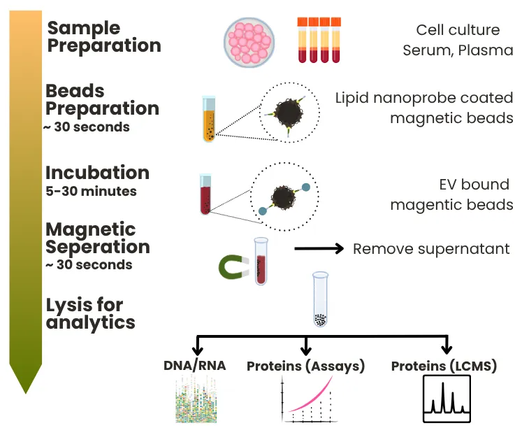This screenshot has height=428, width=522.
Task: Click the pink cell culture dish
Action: click(x=249, y=42)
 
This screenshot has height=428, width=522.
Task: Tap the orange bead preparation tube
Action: click(x=209, y=120)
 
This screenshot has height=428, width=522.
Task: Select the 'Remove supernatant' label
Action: click(x=431, y=249)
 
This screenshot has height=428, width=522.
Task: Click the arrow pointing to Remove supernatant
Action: click(x=319, y=248)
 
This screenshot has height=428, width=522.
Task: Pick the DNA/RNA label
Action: click(x=195, y=365)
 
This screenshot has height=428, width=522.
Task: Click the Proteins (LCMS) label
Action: click(x=444, y=366)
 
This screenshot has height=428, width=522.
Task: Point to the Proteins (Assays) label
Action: click(x=305, y=366)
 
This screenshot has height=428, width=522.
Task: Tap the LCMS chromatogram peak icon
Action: click(x=447, y=399)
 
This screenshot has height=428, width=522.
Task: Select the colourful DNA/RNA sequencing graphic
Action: click(x=196, y=399)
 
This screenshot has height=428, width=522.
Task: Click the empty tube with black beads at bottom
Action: click(x=320, y=299)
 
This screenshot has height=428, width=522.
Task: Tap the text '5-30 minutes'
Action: click(x=92, y=191)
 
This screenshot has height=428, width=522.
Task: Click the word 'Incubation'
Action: click(x=97, y=173)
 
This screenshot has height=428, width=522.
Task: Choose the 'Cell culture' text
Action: click(x=458, y=30)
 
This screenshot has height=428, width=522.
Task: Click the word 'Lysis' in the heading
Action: click(x=68, y=306)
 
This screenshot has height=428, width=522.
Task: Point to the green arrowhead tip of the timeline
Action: click(x=26, y=393)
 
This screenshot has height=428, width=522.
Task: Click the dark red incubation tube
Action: click(x=205, y=194)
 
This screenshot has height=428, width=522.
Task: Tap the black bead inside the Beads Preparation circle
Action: click(x=289, y=113)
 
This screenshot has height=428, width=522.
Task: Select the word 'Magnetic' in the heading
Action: click(x=91, y=229)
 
